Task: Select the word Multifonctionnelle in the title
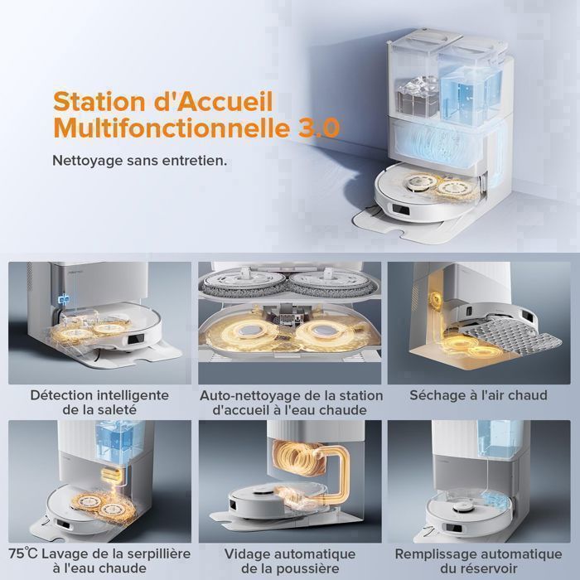[x=172, y=128]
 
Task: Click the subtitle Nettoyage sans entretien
[x=140, y=161]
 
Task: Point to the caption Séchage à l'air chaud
[x=478, y=395]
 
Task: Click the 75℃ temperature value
[x=23, y=553]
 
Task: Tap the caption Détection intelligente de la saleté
[x=99, y=402]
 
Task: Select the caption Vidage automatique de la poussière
[x=290, y=561]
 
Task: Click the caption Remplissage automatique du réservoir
[x=478, y=561]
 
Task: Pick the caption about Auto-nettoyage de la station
[x=291, y=403]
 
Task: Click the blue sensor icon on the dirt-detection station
[x=65, y=297]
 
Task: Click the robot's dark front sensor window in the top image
[x=400, y=210]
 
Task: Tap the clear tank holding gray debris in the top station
[x=418, y=95]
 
